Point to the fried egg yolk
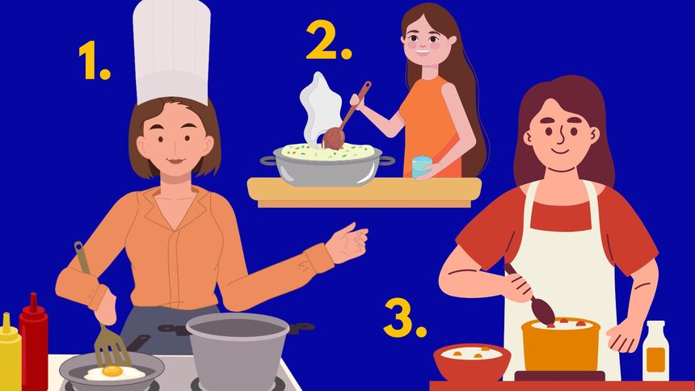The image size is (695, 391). click(x=112, y=371)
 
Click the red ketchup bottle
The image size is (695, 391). click(x=34, y=342)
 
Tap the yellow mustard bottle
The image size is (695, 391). click(x=9, y=352)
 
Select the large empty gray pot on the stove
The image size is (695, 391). click(x=238, y=351)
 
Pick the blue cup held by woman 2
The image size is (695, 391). click(x=421, y=167)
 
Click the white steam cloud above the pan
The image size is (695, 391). click(x=320, y=107)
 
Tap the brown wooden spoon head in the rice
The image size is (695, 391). click(x=334, y=138)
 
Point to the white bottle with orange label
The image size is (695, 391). click(x=655, y=351)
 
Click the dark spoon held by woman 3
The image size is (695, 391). click(x=530, y=295)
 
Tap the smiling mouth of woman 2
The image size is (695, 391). click(x=423, y=51)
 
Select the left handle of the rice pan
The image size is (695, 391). click(x=268, y=161)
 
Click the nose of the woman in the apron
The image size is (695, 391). click(x=561, y=138)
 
